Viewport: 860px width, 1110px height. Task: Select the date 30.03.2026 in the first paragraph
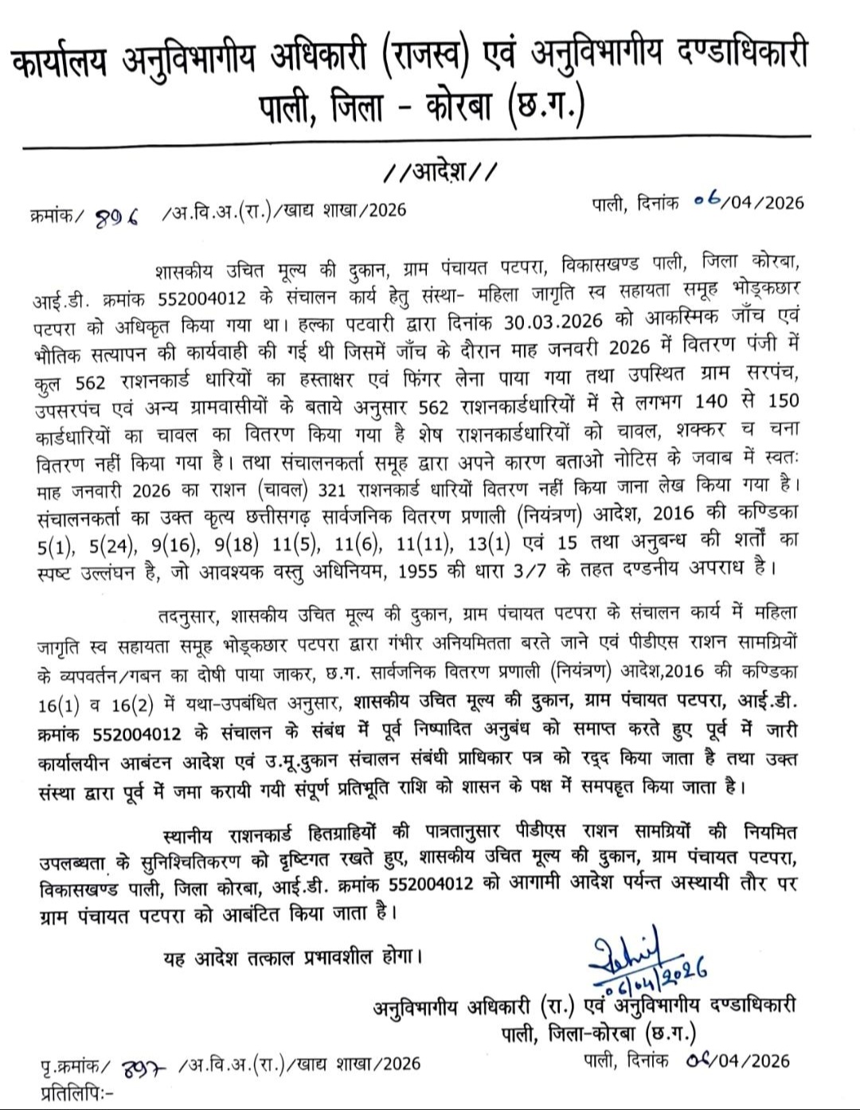pos(554,325)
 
